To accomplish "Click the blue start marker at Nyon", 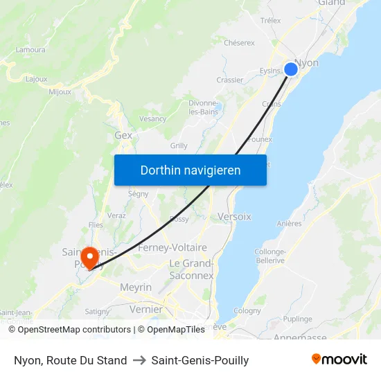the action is click(x=291, y=69).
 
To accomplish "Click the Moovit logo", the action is click(x=339, y=360).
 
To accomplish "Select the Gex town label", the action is click(x=123, y=136).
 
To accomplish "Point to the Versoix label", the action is click(x=234, y=217).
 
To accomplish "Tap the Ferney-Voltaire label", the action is click(x=172, y=247).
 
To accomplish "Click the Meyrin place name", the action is click(x=135, y=287).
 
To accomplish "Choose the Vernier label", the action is click(x=146, y=309).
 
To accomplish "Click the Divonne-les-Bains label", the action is click(x=204, y=107).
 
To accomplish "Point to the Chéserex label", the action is click(x=239, y=43).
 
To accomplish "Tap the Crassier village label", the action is click(x=229, y=80).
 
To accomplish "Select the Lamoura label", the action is click(x=31, y=50).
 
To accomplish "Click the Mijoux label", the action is click(x=60, y=91).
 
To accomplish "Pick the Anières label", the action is click(x=289, y=224).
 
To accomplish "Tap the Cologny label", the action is click(x=247, y=312).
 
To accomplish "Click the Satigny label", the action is click(x=97, y=312).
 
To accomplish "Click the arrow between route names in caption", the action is click(x=139, y=360).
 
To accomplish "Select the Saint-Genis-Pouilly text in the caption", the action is click(x=200, y=360).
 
